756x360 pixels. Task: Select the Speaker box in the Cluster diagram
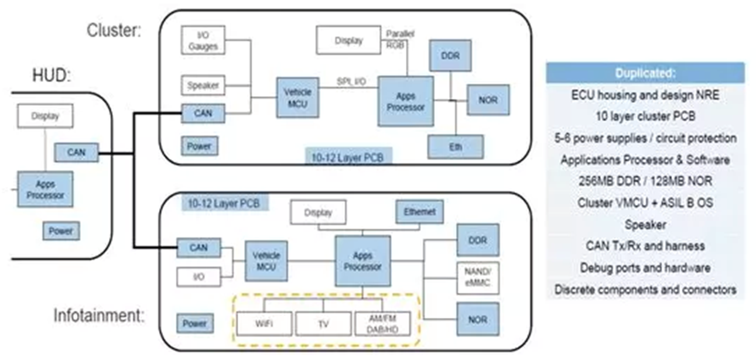203,85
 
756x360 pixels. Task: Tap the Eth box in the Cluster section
456,146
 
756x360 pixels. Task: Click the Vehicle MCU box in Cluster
297,97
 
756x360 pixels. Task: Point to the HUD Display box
45,116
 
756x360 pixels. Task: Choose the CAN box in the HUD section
76,152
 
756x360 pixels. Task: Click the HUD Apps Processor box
45,189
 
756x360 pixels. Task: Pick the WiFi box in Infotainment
263,323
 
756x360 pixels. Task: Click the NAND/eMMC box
477,277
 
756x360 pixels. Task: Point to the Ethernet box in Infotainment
419,212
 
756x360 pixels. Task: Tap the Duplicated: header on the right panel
645,73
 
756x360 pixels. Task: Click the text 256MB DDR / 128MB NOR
645,181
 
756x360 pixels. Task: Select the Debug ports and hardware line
645,268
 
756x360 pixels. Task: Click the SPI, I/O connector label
351,81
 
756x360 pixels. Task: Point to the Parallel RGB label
401,39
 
